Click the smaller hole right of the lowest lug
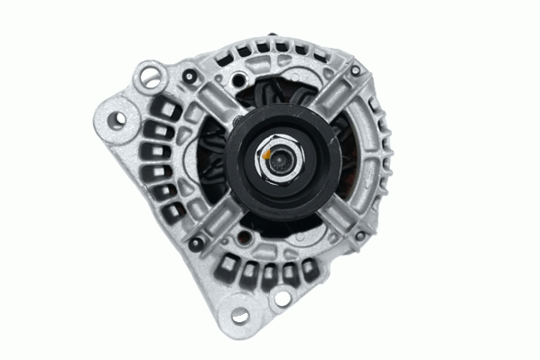click(281, 299)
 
